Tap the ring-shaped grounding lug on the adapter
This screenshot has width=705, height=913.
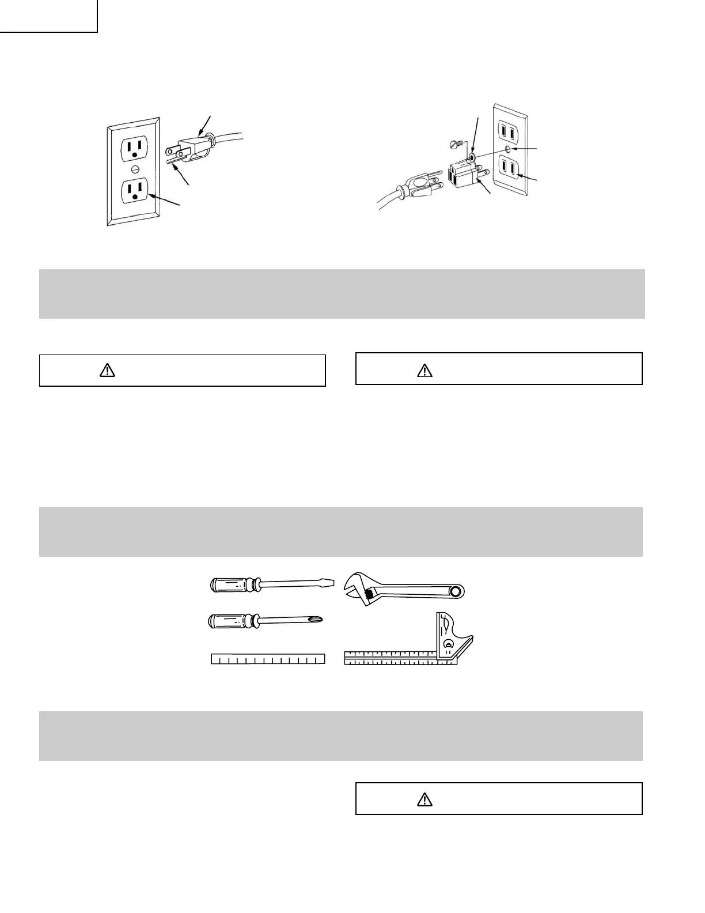472,156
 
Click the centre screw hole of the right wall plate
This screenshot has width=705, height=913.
508,149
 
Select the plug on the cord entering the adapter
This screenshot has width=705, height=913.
419,186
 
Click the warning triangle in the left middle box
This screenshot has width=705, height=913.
108,371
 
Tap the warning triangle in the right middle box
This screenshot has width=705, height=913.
424,370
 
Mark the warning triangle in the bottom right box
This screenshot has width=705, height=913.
424,799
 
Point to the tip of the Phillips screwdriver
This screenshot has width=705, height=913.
318,620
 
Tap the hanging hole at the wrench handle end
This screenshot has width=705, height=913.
457,591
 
